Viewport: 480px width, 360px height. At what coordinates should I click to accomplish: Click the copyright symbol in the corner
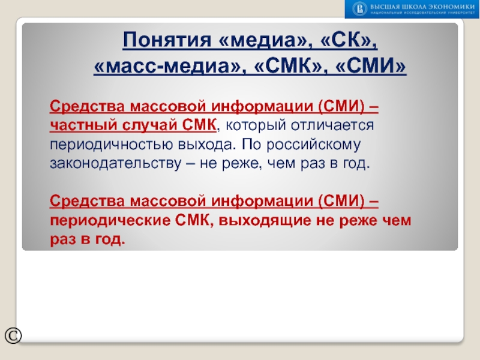tap(13, 336)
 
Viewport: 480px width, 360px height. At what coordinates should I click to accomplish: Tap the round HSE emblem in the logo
tap(359, 8)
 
